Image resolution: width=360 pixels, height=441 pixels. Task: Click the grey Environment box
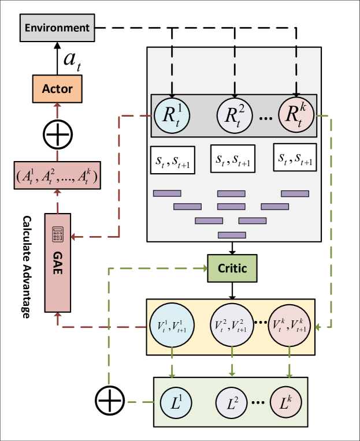tap(57, 28)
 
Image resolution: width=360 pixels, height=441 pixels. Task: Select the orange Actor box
tap(57, 89)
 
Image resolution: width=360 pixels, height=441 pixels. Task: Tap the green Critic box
tap(232, 268)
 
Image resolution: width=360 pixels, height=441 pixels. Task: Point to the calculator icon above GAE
tap(58, 233)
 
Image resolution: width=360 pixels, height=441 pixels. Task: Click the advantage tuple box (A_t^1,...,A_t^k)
tap(57, 175)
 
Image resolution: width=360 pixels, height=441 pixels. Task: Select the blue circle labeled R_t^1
tap(172, 115)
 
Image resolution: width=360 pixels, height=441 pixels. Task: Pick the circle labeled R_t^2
tap(235, 115)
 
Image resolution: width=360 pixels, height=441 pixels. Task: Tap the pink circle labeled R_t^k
tap(296, 115)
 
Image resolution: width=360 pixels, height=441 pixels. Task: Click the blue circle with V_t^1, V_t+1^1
tap(172, 327)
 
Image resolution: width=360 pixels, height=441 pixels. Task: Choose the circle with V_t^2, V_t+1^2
tap(232, 327)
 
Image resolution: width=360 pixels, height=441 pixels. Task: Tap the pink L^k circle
tap(287, 402)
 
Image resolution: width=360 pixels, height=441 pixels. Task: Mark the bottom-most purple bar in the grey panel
tap(232, 234)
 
